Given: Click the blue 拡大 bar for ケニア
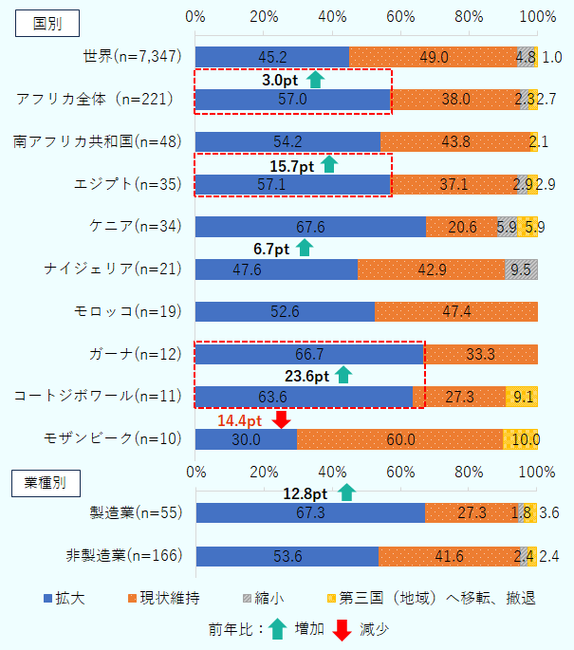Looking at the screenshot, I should (310, 226).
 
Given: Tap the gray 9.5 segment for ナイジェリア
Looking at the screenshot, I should (521, 269).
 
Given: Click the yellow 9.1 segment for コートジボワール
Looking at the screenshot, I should (522, 396).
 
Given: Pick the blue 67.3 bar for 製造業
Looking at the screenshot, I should (310, 513).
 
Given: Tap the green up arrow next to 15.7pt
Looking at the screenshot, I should (329, 164).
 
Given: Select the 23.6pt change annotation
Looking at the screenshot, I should (307, 376).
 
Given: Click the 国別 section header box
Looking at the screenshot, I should (46, 24).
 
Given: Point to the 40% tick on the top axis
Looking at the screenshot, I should (333, 16).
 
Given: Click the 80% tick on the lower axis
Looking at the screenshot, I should (470, 472).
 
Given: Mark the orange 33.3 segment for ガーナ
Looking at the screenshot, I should (481, 354).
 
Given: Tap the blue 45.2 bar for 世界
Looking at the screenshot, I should (271, 57).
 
